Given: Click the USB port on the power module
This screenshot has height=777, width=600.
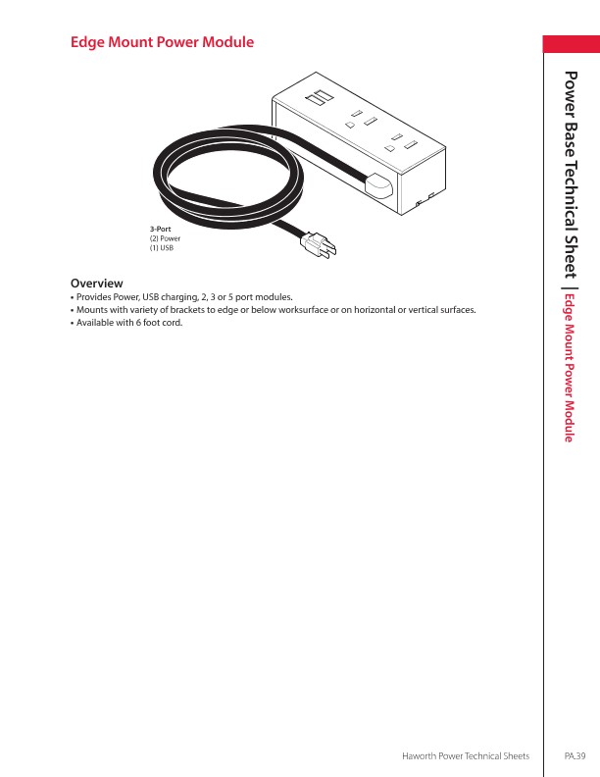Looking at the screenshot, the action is pos(316,100).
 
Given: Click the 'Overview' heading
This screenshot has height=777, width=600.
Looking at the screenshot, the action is pos(96,283).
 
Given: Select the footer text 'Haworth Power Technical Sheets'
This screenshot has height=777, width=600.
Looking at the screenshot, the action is pos(467,755).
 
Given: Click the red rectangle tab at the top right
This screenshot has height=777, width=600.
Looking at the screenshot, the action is pos(572,45).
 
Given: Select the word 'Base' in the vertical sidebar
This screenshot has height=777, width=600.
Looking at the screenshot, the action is pos(572,138).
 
